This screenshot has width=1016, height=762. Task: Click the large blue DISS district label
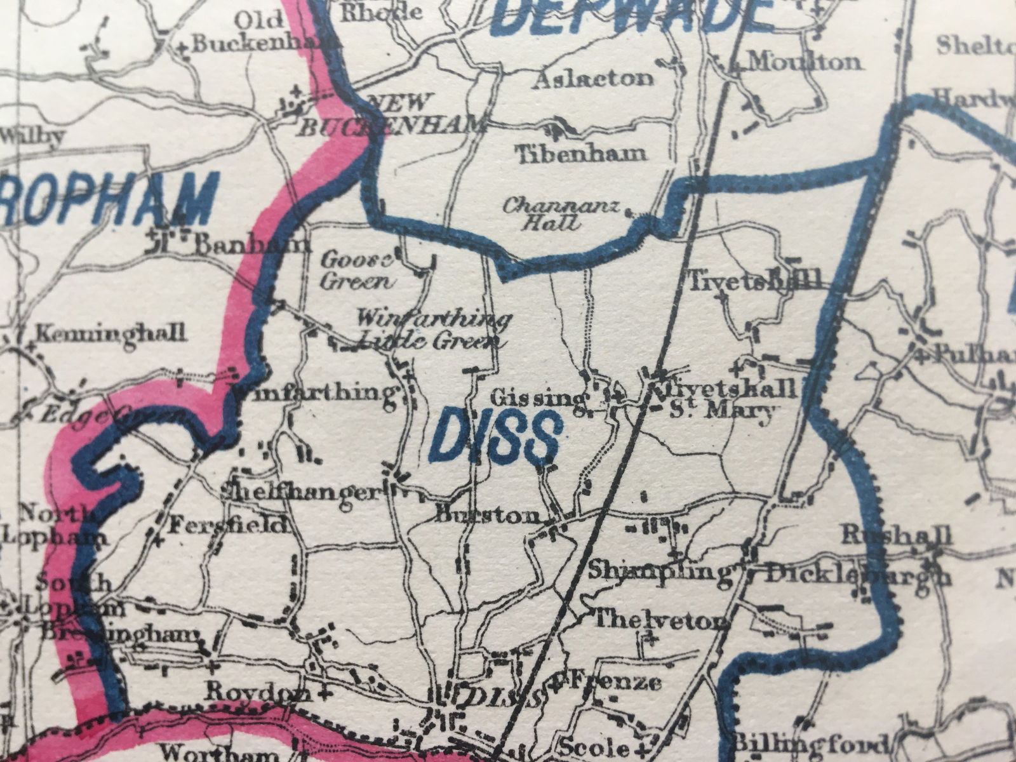[496, 438]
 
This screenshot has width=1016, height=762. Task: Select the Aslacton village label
[594, 79]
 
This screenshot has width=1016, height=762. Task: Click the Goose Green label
[358, 270]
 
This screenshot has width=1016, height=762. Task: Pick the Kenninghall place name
[111, 332]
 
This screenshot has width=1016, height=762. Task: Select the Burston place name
[488, 515]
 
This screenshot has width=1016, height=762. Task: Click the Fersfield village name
[229, 526]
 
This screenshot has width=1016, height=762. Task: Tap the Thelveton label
[660, 620]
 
